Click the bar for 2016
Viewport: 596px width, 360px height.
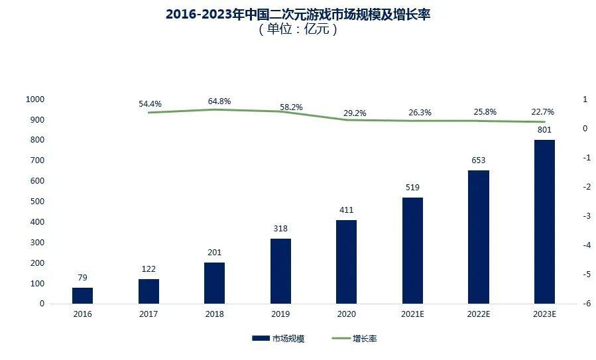(82, 296)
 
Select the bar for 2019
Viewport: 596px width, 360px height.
(280, 270)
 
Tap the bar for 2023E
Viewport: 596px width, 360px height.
(544, 221)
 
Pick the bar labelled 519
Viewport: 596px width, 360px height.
(412, 250)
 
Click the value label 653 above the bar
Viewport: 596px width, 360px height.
(479, 160)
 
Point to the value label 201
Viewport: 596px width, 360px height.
(214, 252)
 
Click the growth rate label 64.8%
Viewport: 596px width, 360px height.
(219, 101)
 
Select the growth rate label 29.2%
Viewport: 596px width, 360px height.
(355, 113)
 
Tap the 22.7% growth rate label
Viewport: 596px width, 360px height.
(542, 112)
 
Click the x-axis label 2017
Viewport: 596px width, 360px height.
(149, 314)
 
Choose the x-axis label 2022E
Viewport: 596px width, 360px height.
(478, 314)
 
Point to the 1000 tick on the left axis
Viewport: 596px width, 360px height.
(34, 99)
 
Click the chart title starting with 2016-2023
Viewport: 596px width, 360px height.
(298, 14)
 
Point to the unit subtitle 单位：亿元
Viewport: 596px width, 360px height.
(298, 30)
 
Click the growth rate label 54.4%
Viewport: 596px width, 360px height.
(150, 104)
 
